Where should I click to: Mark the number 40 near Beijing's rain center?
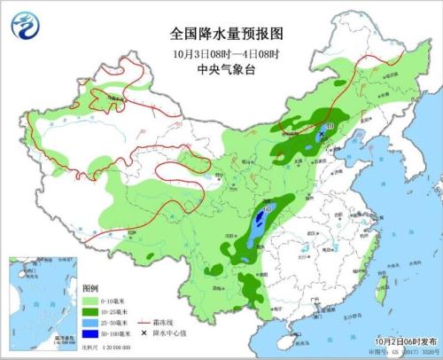pos(330,127)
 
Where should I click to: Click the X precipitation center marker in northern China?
pos(321,133)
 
